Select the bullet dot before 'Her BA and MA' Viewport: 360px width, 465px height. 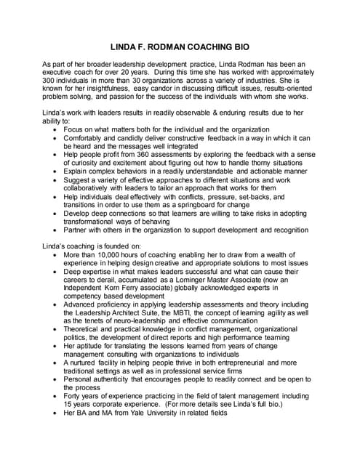[57, 413]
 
